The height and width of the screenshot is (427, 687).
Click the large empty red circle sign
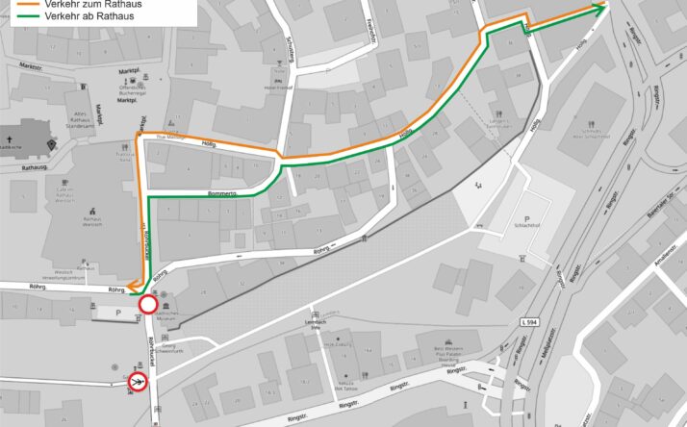pyautogui.click(x=148, y=305)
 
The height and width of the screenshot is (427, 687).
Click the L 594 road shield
pyautogui.click(x=531, y=321)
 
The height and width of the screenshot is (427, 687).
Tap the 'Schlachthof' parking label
pyautogui.click(x=527, y=228)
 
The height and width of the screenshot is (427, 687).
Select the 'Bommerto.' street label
pyautogui.click(x=226, y=192)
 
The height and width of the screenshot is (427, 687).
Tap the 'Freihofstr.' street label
pyautogui.click(x=369, y=29)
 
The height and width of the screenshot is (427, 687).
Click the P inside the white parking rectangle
pyautogui.click(x=117, y=313)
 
